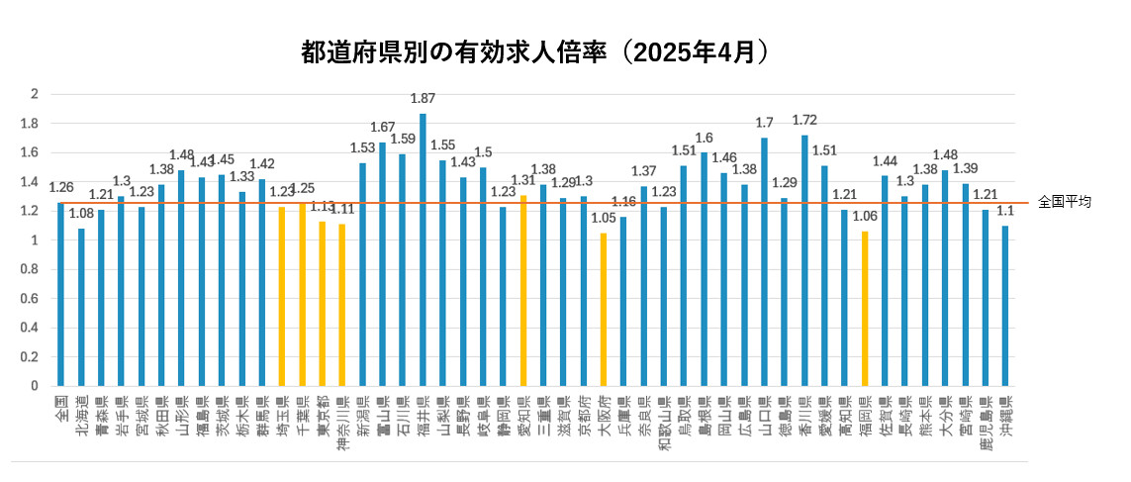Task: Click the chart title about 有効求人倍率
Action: click(x=534, y=53)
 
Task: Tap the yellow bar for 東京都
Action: click(x=322, y=303)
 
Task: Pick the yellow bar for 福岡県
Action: click(x=865, y=309)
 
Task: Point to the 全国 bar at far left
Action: click(x=60, y=294)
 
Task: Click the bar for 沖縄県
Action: click(x=1005, y=306)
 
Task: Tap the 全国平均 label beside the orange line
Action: click(x=1065, y=202)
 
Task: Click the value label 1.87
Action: click(x=423, y=99)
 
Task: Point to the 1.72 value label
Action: click(x=804, y=121)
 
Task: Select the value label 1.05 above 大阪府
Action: click(x=603, y=219)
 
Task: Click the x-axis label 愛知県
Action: click(x=523, y=417)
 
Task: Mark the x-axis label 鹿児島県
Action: click(x=986, y=424)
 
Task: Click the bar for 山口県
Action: click(x=764, y=261)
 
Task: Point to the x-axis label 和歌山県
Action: click(x=664, y=424)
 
